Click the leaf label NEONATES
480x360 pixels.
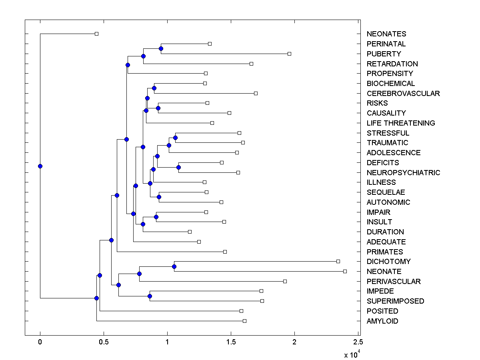coord(386,34)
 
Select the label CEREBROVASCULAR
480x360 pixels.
coord(403,93)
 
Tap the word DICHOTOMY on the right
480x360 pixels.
coord(388,262)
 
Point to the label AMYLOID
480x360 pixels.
coord(382,321)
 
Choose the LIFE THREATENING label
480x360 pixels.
coord(400,123)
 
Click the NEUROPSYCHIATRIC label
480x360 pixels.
coord(403,172)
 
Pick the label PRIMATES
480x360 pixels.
coord(384,252)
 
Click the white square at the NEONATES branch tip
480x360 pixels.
coord(96,34)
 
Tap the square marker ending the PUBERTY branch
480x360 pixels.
coord(289,54)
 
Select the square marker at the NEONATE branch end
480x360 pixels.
coord(345,271)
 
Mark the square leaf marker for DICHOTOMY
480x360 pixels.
coord(338,261)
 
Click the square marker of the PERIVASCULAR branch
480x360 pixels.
coord(285,281)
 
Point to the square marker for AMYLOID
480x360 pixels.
coord(244,321)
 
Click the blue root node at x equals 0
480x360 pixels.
coord(40,166)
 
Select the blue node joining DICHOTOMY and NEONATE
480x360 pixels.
coord(174,266)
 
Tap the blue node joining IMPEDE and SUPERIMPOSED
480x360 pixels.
coord(150,296)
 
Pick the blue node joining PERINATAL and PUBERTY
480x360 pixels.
coord(161,49)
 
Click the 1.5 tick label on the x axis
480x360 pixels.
coord(231,342)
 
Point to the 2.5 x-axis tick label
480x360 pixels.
coord(358,342)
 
